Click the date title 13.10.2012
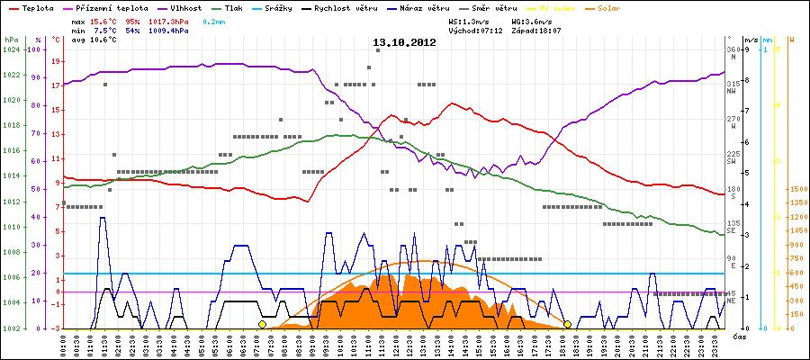pyautogui.click(x=404, y=42)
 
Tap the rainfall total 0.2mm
pyautogui.click(x=213, y=20)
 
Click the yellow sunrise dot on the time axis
pyautogui.click(x=262, y=324)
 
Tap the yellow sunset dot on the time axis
pyautogui.click(x=567, y=324)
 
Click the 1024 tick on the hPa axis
pyautogui.click(x=11, y=49)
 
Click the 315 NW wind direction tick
pyautogui.click(x=733, y=83)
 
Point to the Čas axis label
pyautogui.click(x=737, y=336)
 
